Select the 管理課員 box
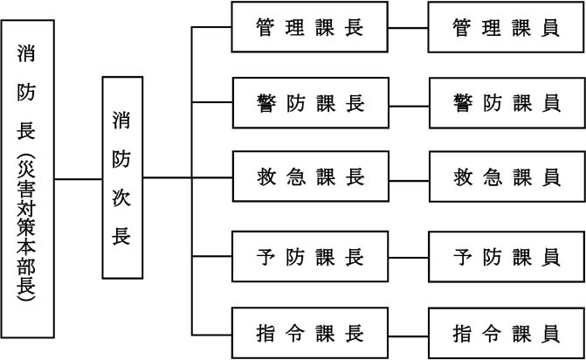pyautogui.click(x=506, y=28)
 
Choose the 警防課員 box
pyautogui.click(x=506, y=103)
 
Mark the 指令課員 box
pyautogui.click(x=506, y=332)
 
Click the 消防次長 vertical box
pyautogui.click(x=122, y=177)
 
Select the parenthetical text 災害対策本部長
pyautogui.click(x=28, y=229)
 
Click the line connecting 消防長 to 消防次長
pyautogui.click(x=78, y=179)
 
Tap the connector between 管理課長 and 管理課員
pyautogui.click(x=408, y=28)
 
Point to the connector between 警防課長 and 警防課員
pyautogui.click(x=408, y=103)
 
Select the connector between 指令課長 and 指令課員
pyautogui.click(x=408, y=332)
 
